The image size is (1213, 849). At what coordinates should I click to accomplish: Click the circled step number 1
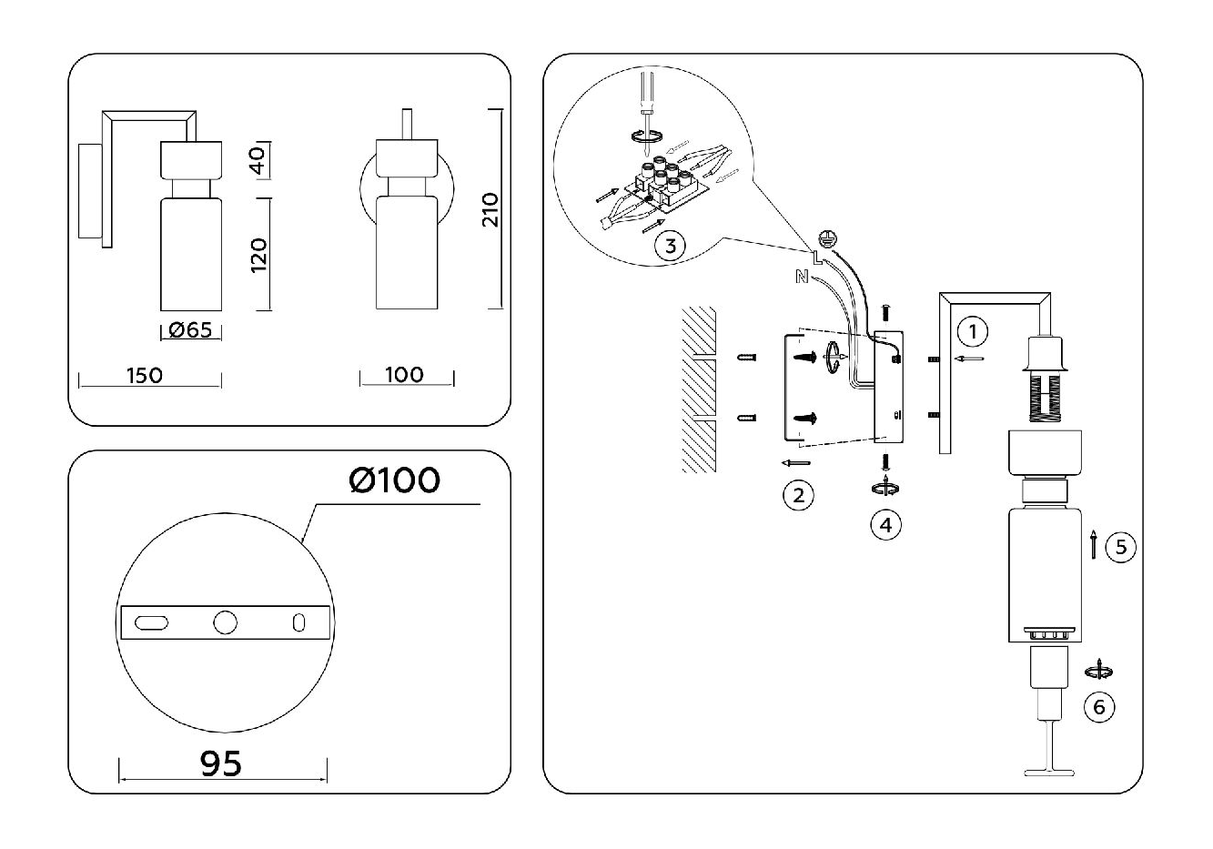point(974,331)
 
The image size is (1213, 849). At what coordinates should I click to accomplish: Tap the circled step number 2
point(798,495)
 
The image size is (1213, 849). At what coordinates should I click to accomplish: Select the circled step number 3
point(670,247)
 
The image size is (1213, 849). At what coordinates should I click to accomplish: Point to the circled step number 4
point(885,524)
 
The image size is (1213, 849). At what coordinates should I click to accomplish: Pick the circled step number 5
point(1120,547)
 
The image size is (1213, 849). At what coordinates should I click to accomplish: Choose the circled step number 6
point(1099,707)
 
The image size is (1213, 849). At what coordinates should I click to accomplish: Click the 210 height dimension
point(490,210)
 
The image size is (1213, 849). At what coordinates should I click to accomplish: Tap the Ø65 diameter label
point(191,331)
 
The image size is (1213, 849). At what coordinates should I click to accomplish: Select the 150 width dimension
point(145,375)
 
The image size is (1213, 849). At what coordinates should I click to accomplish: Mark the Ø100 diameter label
point(394,480)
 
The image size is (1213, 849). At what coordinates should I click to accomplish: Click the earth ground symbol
point(826,238)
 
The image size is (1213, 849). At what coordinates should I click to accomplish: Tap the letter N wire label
point(802,277)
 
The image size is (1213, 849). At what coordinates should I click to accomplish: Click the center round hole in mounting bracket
point(224,622)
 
